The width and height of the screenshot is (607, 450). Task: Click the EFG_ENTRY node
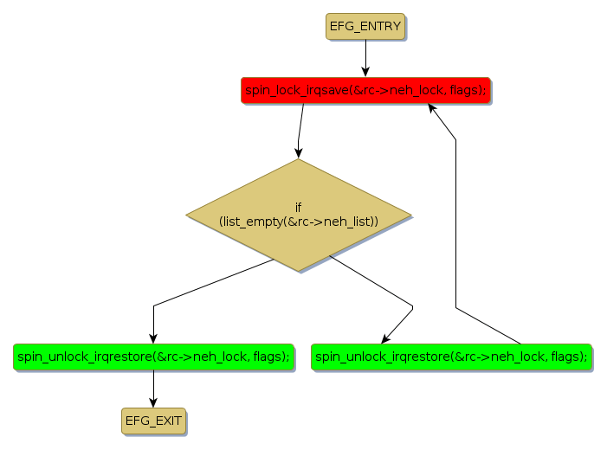tap(365, 26)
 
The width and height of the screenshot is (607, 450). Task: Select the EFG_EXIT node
tap(153, 421)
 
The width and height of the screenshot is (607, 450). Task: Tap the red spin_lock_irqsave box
tap(365, 90)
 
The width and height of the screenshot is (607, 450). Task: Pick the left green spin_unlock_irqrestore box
tap(153, 357)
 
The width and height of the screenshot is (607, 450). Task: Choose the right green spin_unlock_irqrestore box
tap(451, 357)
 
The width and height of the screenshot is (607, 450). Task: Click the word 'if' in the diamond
tap(299, 208)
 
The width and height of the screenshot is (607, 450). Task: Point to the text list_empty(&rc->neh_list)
tap(299, 222)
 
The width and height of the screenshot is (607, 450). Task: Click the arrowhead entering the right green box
tap(385, 339)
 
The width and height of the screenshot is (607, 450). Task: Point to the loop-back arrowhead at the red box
tap(433, 107)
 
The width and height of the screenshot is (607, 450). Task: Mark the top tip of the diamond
tap(299, 159)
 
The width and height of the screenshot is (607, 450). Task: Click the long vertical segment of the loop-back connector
tap(455, 225)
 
